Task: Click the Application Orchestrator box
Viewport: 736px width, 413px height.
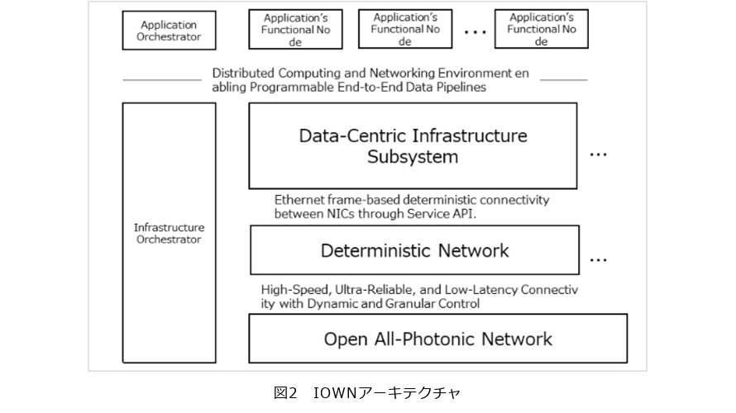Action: [x=170, y=31]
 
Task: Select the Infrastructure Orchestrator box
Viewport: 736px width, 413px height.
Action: [x=168, y=233]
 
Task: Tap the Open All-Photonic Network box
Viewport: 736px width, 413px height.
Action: [x=437, y=339]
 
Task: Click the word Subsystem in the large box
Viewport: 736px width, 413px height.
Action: [x=413, y=157]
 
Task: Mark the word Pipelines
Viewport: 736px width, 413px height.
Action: [x=458, y=86]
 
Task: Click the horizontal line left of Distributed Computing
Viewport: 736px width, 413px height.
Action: [x=162, y=79]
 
